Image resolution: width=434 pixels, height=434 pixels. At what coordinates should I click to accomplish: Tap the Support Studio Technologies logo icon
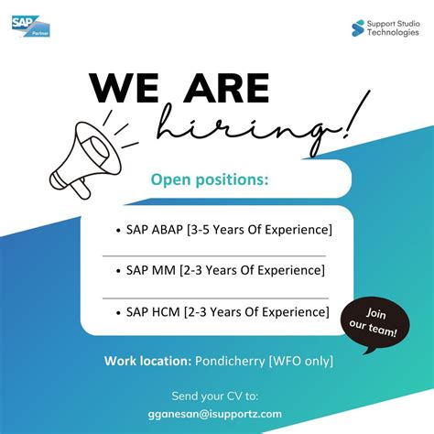[x=358, y=27]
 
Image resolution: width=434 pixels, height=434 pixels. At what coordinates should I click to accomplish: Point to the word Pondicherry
[x=231, y=361]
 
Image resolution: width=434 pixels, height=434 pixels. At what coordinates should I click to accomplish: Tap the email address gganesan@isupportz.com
[x=216, y=413]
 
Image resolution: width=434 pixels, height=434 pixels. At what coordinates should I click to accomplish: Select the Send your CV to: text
[x=216, y=396]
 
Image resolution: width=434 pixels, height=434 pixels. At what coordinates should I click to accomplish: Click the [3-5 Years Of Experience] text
[x=258, y=228]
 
